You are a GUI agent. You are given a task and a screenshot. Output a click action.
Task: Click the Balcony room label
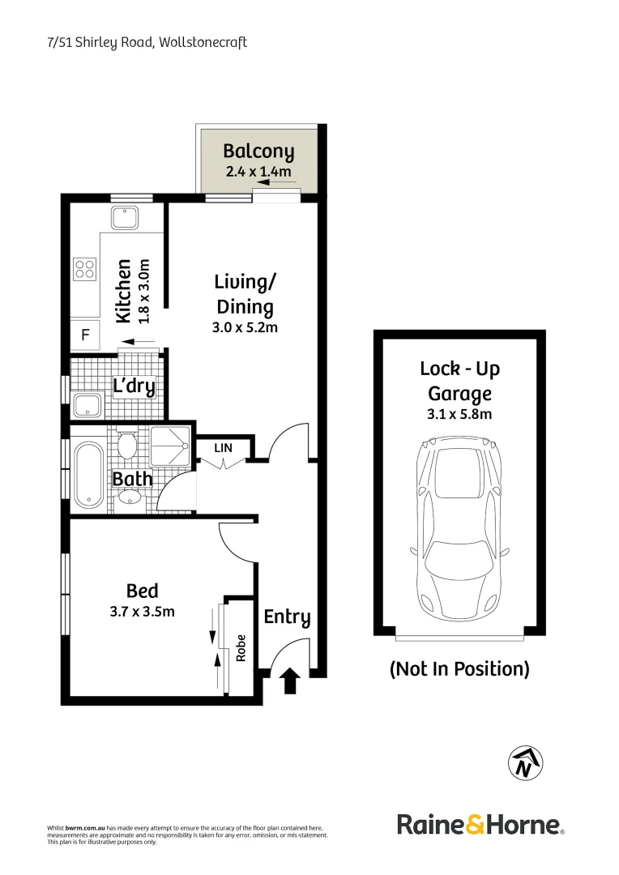258,151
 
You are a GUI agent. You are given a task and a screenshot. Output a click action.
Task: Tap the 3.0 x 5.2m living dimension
245,328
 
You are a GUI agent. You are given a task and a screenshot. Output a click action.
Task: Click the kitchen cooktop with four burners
85,268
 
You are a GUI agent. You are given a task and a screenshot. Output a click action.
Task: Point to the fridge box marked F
84,334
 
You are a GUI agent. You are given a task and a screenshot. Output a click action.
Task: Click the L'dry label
134,386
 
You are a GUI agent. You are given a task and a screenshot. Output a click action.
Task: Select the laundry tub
87,405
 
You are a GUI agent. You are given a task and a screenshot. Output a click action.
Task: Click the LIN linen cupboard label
223,447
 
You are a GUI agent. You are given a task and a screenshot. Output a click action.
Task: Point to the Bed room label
142,591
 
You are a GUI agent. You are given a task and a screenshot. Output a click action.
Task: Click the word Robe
241,648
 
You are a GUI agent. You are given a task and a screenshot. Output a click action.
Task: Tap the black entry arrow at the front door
289,682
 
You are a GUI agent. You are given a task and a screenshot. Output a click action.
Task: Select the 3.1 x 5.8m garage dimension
459,414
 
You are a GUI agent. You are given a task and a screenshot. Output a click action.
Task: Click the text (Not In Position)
459,669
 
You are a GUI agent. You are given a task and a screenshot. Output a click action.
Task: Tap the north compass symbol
525,762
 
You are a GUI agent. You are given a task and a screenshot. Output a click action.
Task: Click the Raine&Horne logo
480,826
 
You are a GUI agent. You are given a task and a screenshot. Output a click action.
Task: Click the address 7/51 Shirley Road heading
147,42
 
